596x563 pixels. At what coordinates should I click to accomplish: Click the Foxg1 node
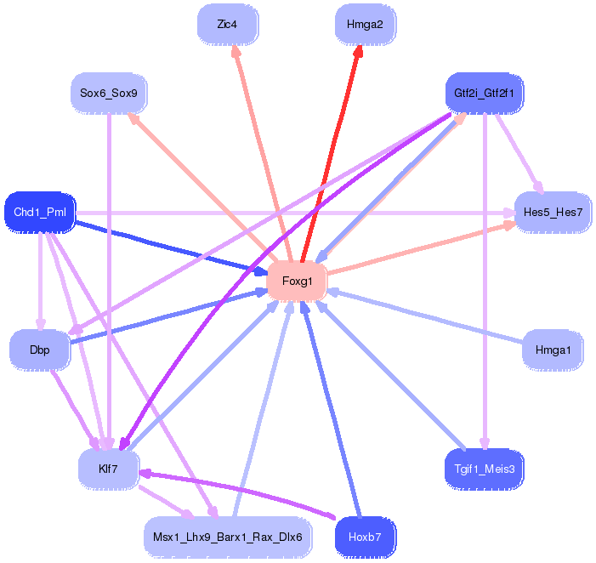click(297, 281)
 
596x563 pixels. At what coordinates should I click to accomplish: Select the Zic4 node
click(228, 25)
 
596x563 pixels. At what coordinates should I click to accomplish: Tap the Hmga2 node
click(366, 25)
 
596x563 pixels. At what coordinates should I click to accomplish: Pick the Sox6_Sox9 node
click(109, 94)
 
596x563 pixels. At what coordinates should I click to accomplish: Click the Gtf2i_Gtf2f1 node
click(485, 94)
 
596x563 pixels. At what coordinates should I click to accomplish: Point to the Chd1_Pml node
click(40, 212)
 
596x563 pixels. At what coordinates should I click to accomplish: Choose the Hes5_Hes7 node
click(553, 212)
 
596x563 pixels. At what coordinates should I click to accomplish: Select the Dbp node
click(40, 350)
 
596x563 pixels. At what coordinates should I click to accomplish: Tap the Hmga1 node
click(553, 350)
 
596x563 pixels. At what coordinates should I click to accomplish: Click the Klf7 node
click(109, 469)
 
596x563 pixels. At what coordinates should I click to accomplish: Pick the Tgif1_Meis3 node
click(485, 469)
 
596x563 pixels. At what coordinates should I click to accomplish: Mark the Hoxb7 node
click(366, 537)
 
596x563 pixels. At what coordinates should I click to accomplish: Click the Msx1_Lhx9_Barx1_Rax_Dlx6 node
click(228, 537)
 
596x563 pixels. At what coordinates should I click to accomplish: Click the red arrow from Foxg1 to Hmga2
click(331, 154)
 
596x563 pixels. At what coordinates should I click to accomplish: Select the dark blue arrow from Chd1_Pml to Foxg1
click(172, 247)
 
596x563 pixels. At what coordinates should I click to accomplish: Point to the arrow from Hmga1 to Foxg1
click(425, 316)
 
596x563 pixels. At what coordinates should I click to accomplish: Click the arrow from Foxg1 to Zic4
click(262, 154)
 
